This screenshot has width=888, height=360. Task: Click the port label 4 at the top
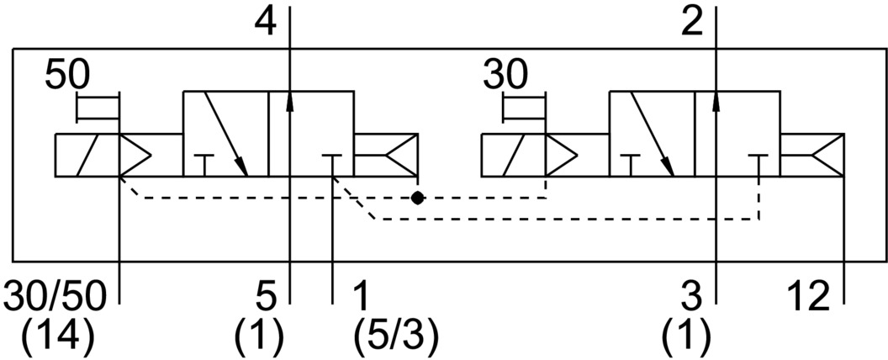(x=264, y=23)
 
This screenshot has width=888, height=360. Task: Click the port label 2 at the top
(x=691, y=23)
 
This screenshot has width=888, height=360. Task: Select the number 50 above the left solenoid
(x=66, y=76)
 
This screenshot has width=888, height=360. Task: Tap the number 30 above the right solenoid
(x=505, y=76)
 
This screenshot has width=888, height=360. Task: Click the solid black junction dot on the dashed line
(x=417, y=198)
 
